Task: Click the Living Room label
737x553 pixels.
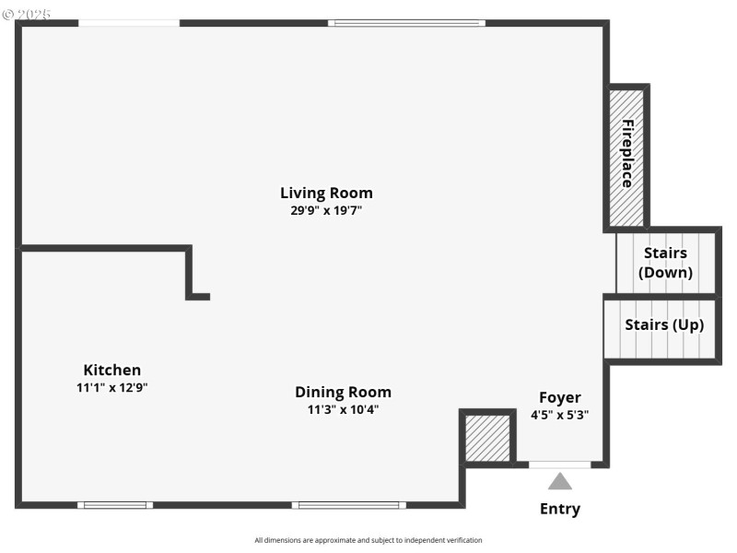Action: [x=326, y=193]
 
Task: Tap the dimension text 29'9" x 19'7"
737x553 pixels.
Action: [x=326, y=210]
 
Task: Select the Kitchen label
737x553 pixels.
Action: [x=112, y=370]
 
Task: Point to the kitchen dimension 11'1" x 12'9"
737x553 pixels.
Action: [x=112, y=388]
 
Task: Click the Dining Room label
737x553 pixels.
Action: [x=343, y=392]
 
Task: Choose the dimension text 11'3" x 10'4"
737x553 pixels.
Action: [x=343, y=409]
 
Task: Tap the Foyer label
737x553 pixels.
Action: [x=560, y=397]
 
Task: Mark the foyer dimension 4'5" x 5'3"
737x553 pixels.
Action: [x=560, y=415]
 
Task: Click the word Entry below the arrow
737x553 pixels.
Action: [x=560, y=509]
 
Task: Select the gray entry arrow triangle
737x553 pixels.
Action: [x=560, y=481]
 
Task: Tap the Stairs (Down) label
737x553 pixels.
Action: [x=665, y=263]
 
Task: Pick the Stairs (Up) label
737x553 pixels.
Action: [x=663, y=324]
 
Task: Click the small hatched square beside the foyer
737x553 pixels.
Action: [x=486, y=438]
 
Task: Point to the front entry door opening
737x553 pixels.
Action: [x=559, y=465]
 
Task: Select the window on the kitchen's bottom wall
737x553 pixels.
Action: [x=115, y=504]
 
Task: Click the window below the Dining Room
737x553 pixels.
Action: [x=348, y=504]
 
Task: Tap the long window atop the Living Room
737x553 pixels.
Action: [x=406, y=23]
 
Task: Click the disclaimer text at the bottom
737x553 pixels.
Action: [x=368, y=540]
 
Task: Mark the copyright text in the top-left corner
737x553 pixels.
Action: [x=28, y=15]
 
